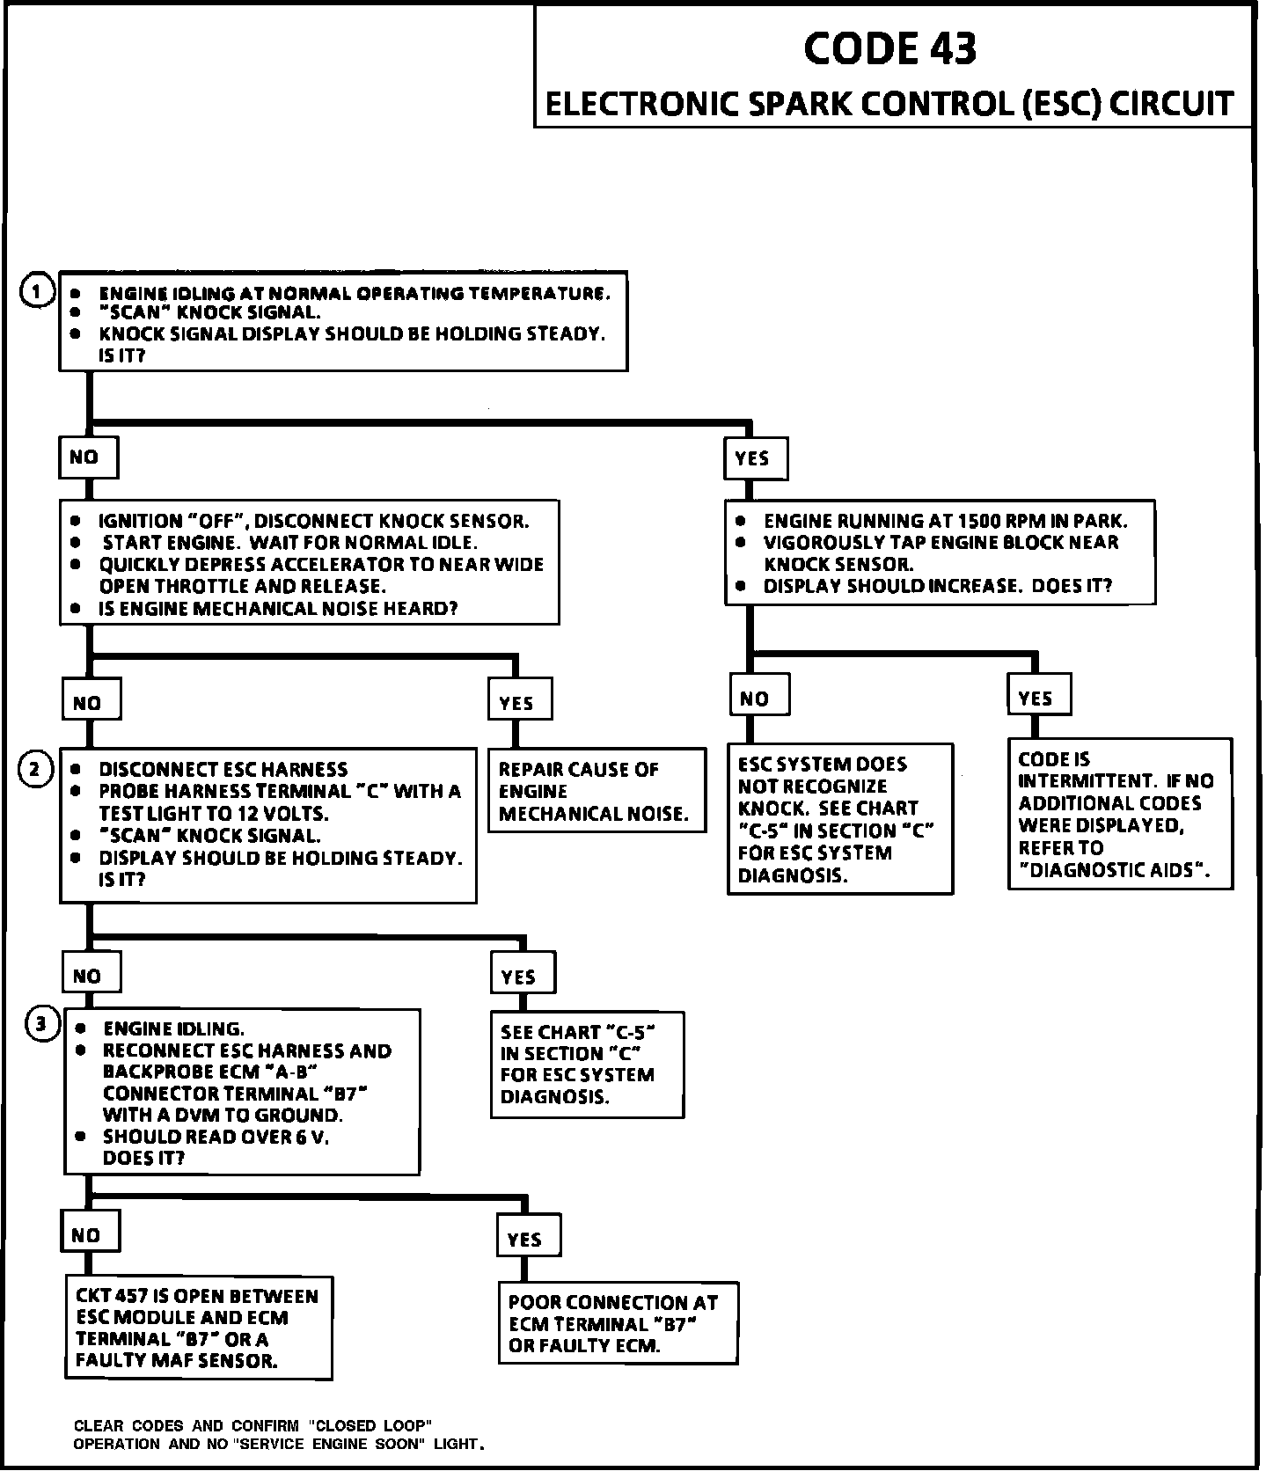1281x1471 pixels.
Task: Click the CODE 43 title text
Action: point(889,48)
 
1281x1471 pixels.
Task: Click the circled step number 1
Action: point(37,292)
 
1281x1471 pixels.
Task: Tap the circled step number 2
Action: point(35,771)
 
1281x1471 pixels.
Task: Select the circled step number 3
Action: point(42,1023)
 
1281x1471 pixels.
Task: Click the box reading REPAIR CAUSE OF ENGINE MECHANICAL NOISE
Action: point(597,791)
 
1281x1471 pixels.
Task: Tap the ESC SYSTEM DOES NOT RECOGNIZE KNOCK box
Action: point(839,819)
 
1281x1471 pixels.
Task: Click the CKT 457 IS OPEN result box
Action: point(198,1328)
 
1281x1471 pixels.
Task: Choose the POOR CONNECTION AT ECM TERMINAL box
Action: point(618,1324)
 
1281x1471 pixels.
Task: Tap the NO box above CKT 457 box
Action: point(88,1235)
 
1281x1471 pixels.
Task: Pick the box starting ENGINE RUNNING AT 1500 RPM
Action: point(939,553)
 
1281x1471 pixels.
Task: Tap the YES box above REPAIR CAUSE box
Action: point(519,703)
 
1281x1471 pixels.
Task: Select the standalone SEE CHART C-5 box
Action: point(586,1065)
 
